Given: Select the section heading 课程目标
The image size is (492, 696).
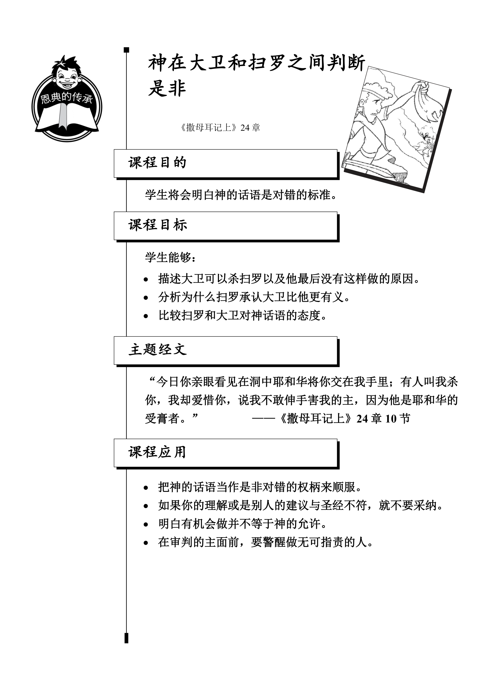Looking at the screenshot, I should tap(158, 225).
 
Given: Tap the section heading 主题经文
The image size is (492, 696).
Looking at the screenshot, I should tap(158, 350).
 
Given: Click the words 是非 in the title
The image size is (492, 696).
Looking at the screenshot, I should tap(167, 88).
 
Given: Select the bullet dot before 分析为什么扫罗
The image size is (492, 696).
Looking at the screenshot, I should tap(146, 298).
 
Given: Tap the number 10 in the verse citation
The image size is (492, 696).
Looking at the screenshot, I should tap(391, 419).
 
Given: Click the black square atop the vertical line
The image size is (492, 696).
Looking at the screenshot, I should tap(127, 50).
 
